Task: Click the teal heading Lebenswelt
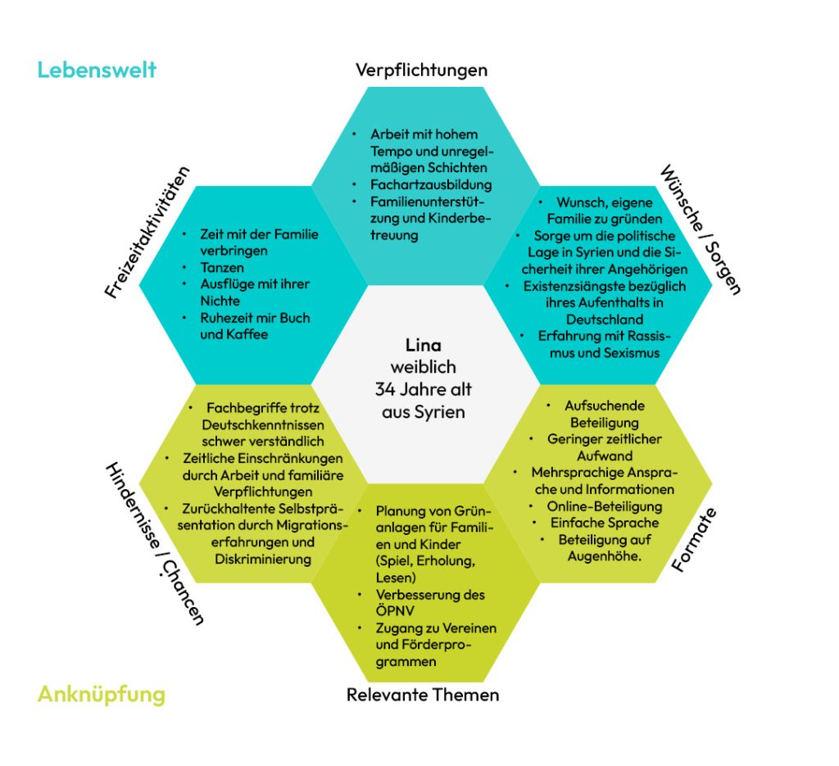coord(97,70)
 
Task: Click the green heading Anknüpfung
coord(102,695)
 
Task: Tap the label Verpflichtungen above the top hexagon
coord(422,70)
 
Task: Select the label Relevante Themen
coord(423,695)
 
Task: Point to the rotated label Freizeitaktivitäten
coord(147,232)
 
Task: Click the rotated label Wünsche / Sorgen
coord(701,230)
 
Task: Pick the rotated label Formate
coord(693,540)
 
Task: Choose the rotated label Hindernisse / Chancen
coord(155,543)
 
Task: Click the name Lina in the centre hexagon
coord(424,345)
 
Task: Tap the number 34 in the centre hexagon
coord(385,389)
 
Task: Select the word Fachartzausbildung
coord(431,184)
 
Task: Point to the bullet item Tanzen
coord(222,267)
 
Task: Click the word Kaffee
coord(247,334)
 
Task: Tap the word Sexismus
coord(631,353)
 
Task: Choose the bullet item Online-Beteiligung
coord(604,506)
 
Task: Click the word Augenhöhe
coord(604,556)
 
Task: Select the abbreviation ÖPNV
coord(395,610)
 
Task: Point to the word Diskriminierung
coord(263,559)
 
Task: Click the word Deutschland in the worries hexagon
coord(605,320)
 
